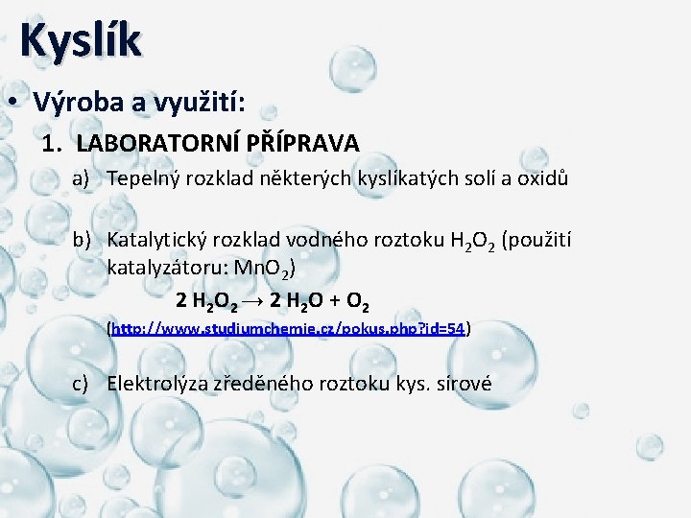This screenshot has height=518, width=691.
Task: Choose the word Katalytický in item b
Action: point(156,239)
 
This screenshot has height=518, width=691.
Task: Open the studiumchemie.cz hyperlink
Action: point(288,329)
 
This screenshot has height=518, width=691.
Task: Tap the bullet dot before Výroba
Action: point(16,102)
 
